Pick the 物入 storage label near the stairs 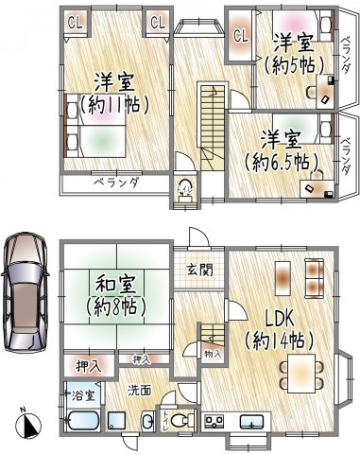pos(214,353)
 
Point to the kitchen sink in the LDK pos(252,422)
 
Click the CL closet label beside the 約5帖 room pos(240,35)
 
